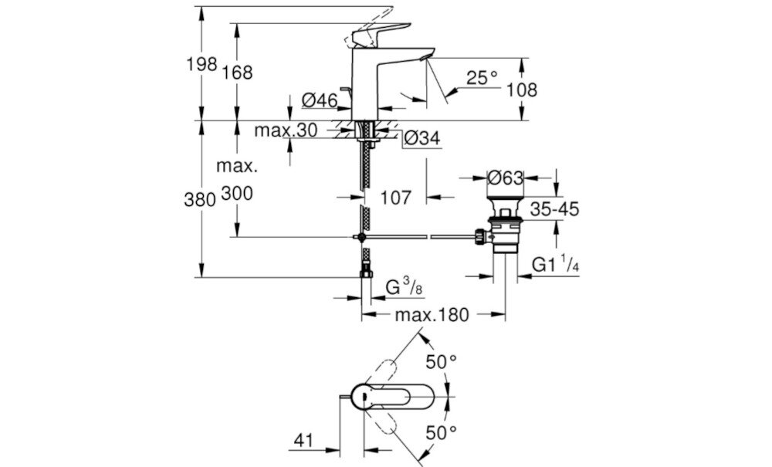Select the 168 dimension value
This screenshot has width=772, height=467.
[x=238, y=73]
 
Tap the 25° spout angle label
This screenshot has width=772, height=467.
[x=482, y=77]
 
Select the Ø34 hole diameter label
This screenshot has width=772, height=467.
[x=422, y=138]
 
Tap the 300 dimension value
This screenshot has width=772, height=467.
[x=238, y=195]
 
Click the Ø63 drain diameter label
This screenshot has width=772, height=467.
[x=506, y=178]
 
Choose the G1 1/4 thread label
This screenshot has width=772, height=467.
[x=554, y=264]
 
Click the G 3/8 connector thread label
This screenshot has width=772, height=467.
[x=404, y=286]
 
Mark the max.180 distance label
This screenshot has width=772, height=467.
[x=433, y=314]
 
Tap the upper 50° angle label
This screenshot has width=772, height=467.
[x=441, y=360]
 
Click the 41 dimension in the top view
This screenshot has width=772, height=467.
[x=303, y=441]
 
